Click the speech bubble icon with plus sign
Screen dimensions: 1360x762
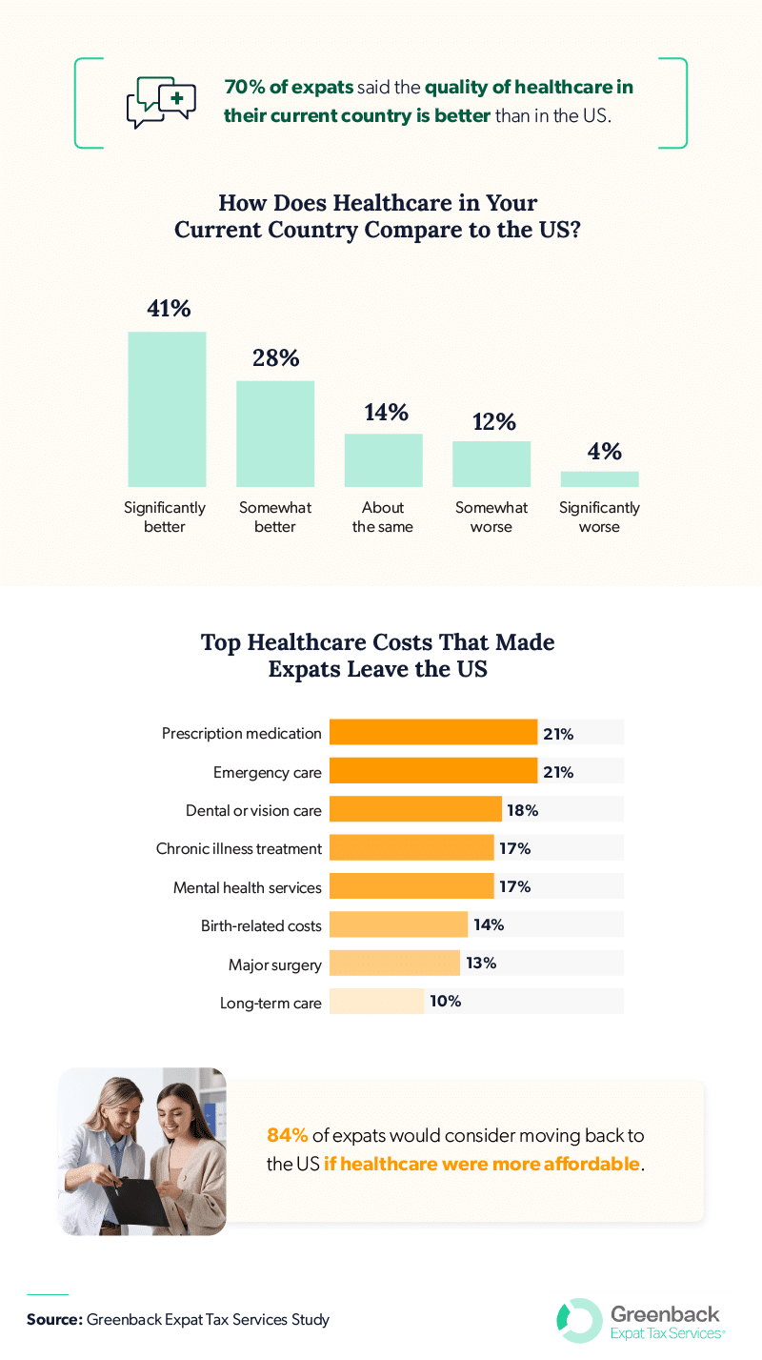point(161,102)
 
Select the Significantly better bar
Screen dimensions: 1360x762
point(167,409)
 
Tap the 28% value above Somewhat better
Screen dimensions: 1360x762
point(275,357)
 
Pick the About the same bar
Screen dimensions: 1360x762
point(383,460)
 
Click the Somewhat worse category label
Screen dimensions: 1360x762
point(491,518)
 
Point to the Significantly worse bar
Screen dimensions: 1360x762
point(599,478)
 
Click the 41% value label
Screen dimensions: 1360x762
point(169,308)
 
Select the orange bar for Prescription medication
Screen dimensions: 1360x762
point(432,733)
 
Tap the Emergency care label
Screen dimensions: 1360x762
point(268,772)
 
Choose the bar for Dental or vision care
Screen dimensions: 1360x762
point(415,810)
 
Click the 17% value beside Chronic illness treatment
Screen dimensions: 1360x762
point(515,848)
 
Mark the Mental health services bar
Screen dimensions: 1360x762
point(411,886)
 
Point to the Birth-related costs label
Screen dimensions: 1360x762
point(261,925)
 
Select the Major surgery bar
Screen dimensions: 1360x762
point(394,964)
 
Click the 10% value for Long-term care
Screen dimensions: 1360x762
point(445,1002)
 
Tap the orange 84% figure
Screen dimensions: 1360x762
point(288,1135)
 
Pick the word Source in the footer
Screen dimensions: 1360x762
point(53,1320)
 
